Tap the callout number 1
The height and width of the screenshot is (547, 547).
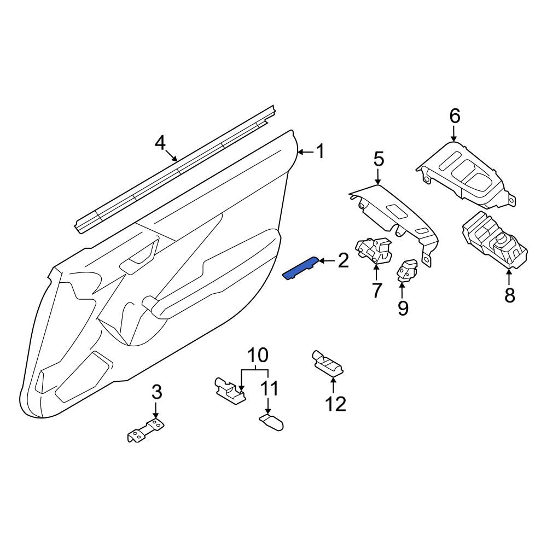pos(320,152)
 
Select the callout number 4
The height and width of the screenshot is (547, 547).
pos(160,143)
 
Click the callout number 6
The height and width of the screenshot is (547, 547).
pos(455,116)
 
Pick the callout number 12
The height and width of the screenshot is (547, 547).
pos(336,404)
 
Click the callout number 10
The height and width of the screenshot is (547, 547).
pos(258,355)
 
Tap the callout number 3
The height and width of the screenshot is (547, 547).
pos(156,392)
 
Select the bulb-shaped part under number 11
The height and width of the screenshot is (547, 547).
pos(271,422)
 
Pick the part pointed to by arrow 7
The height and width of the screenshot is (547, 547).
pos(373,250)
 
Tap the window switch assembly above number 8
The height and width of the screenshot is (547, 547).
pos(494,240)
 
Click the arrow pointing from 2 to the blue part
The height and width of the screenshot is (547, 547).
pos(327,260)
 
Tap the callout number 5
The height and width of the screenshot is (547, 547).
pos(379,159)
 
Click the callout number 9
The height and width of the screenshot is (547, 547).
pos(403,307)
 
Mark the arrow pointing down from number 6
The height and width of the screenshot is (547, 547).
pos(454,133)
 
